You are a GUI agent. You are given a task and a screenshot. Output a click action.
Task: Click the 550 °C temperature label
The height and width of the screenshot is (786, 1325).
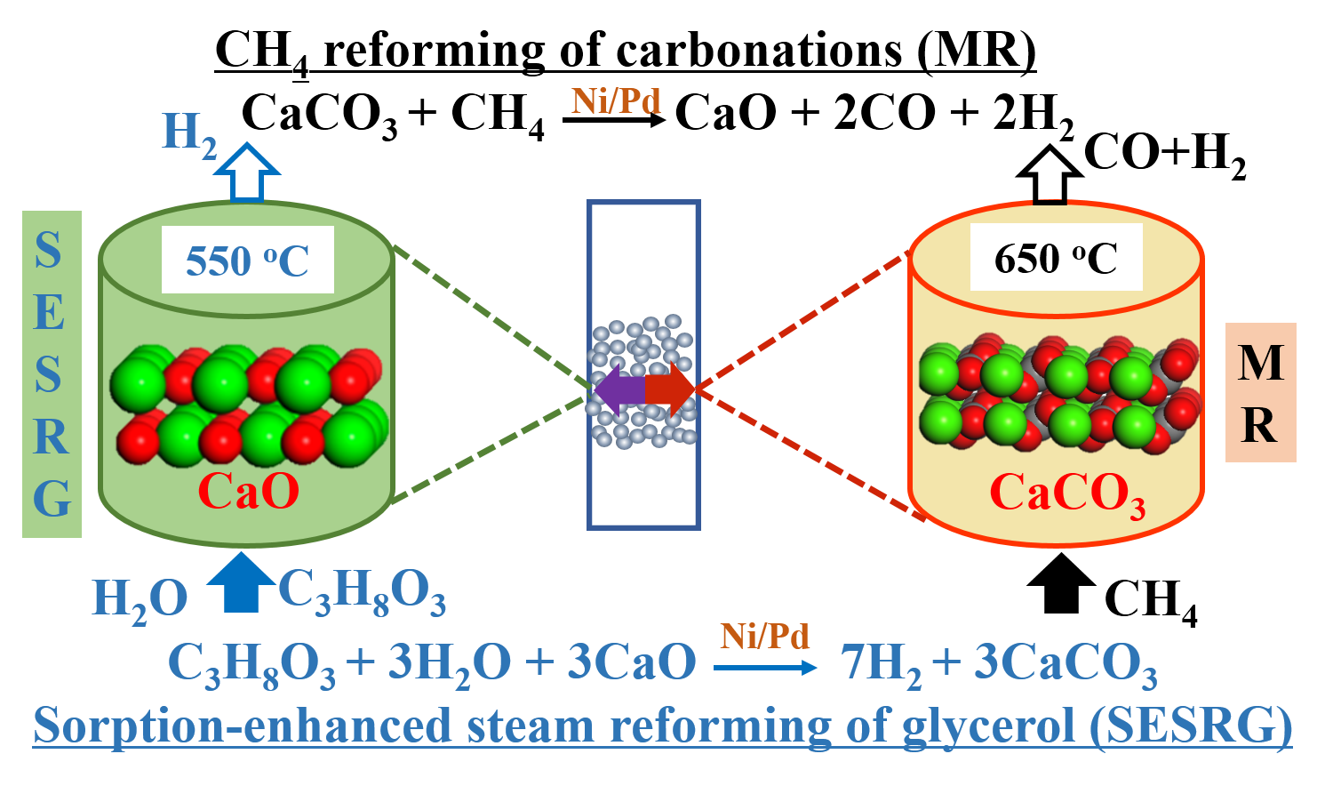click(247, 261)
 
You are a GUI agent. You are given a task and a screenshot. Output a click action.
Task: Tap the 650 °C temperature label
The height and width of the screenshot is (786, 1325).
click(1056, 259)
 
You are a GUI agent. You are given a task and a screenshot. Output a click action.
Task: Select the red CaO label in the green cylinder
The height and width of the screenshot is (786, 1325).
click(248, 491)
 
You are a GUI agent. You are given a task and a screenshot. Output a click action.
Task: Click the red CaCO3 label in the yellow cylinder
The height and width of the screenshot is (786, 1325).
click(1066, 494)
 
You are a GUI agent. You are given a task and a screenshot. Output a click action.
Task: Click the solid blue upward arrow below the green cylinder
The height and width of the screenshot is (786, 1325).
click(241, 582)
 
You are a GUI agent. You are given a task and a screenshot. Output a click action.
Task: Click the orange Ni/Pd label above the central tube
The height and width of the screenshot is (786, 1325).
click(616, 101)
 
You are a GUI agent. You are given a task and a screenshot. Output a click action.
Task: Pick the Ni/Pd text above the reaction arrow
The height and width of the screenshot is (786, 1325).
click(764, 637)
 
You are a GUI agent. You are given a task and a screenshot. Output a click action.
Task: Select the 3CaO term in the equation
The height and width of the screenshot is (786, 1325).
click(632, 663)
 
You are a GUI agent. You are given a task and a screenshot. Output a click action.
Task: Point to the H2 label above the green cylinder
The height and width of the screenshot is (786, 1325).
click(189, 135)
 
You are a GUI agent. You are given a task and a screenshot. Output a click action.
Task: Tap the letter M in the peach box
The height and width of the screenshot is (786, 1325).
click(1260, 362)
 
